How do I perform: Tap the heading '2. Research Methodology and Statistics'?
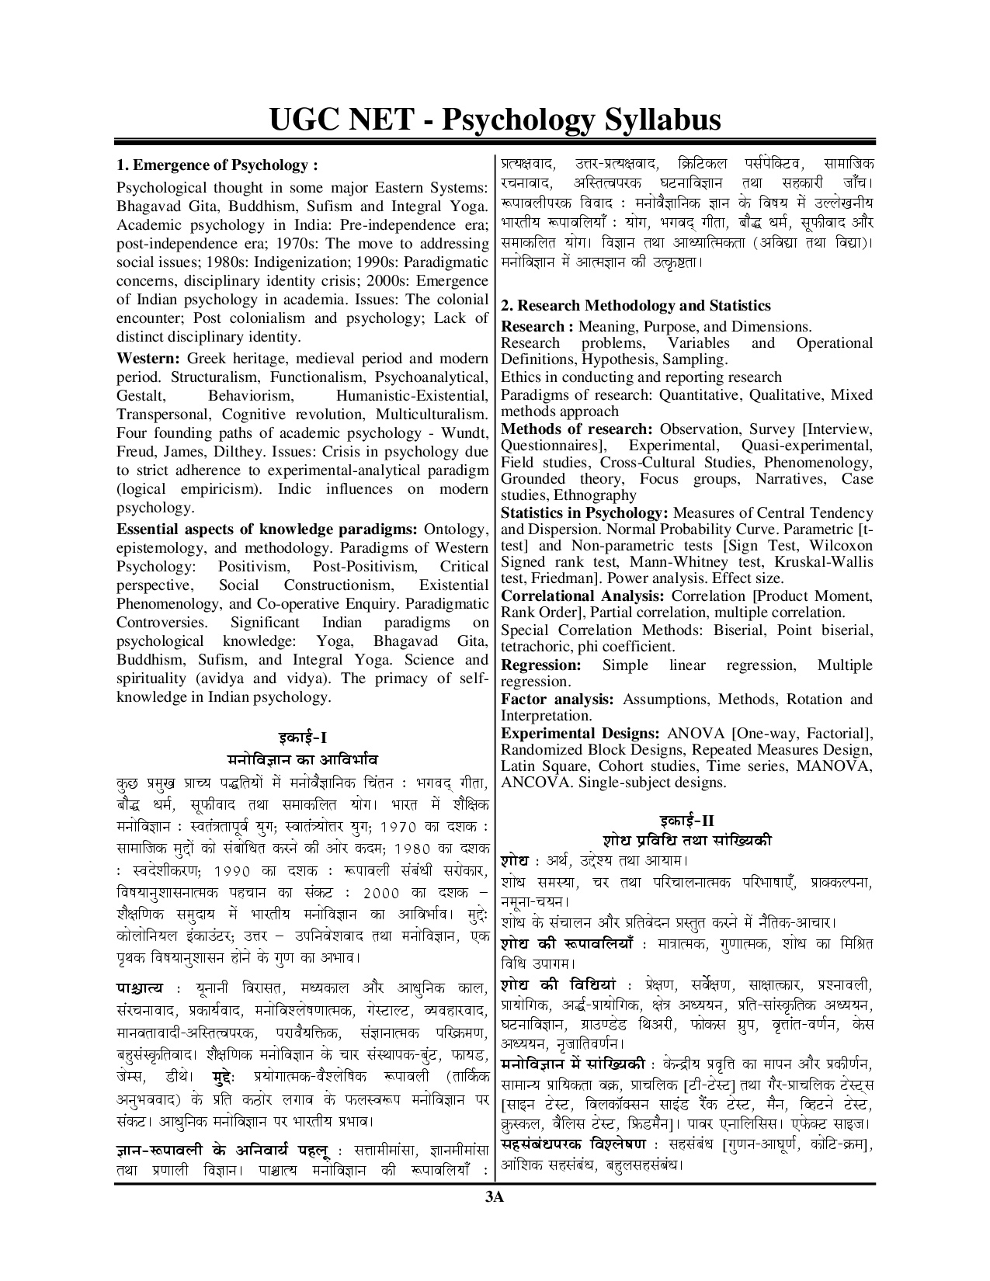click(x=636, y=306)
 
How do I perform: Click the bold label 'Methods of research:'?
click(x=576, y=429)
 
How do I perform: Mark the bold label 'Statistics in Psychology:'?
click(x=585, y=513)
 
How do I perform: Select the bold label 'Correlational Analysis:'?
click(x=582, y=596)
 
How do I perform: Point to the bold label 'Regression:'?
click(x=540, y=665)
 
